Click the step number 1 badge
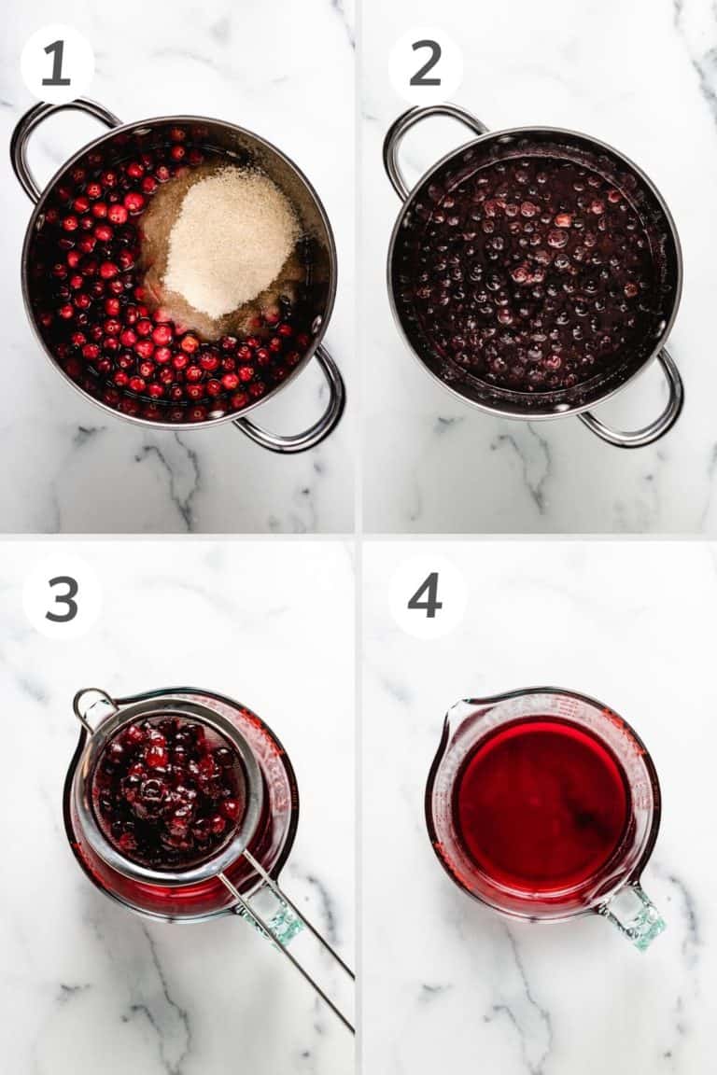[57, 63]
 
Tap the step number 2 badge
[425, 63]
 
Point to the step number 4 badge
[425, 597]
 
